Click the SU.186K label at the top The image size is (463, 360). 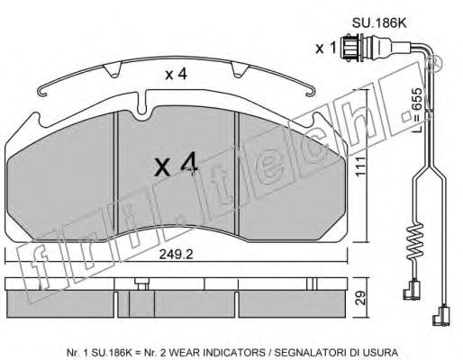379,23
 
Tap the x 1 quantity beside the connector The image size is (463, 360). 325,49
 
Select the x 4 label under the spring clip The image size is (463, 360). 177,74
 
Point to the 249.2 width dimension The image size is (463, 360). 176,255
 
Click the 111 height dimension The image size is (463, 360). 360,166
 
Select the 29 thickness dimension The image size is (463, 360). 361,298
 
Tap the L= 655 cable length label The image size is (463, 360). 417,111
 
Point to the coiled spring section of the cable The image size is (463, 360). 414,241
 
